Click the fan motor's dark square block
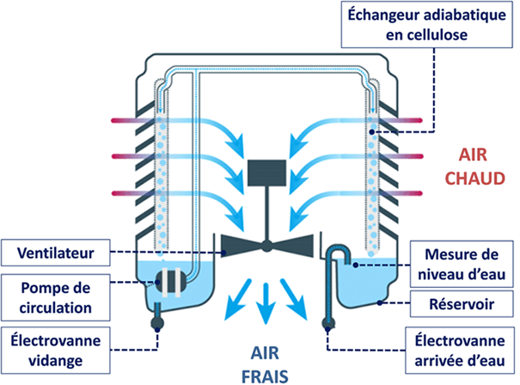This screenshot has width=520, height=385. coord(266,174)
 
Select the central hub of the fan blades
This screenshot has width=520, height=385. coord(266,246)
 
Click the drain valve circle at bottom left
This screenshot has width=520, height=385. coord(158,326)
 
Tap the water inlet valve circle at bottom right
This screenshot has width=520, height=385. coord(328,325)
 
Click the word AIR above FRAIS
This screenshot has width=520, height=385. coord(265,353)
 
